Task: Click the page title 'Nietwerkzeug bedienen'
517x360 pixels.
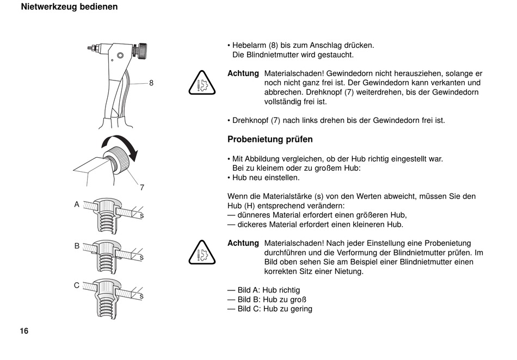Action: [69, 7]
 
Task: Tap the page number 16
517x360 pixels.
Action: [24, 331]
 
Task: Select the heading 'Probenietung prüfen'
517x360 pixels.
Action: [270, 139]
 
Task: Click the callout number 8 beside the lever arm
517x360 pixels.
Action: [151, 83]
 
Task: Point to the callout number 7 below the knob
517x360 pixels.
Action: [142, 188]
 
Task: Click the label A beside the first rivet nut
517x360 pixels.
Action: [77, 204]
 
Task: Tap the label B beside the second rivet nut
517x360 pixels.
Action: [77, 246]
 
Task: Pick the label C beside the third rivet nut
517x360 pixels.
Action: [77, 285]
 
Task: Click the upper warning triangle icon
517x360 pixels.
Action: [202, 84]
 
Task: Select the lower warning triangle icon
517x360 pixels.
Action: [202, 253]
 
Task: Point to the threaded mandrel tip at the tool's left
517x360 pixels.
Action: [90, 48]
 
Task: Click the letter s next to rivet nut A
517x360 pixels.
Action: [142, 216]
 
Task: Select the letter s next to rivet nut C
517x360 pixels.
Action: [142, 296]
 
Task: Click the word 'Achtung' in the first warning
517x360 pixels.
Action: [243, 73]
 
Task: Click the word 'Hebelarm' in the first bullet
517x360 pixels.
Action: [249, 45]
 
